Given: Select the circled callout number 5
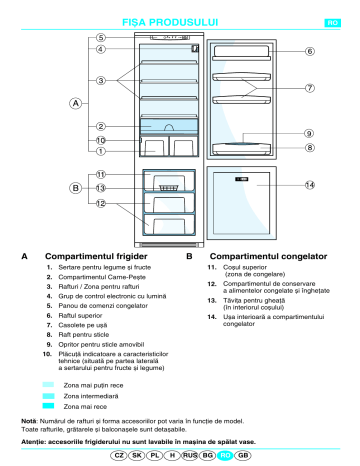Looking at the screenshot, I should pos(101,36).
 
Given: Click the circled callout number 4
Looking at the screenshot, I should pos(101,48).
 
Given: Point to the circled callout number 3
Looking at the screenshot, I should pos(101,79).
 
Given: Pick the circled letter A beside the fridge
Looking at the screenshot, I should pos(74,103).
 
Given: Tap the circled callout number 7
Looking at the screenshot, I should pos(310,88).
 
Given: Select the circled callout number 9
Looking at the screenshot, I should pos(310,133).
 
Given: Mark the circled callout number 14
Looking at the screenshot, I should pos(310,185).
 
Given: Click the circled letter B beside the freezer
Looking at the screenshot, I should pos(74,188).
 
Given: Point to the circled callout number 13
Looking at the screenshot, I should pos(101,188).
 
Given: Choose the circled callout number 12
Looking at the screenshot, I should pos(101,203).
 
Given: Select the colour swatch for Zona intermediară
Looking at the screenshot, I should pos(49,396).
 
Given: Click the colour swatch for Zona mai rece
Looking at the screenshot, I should pos(49,407).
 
